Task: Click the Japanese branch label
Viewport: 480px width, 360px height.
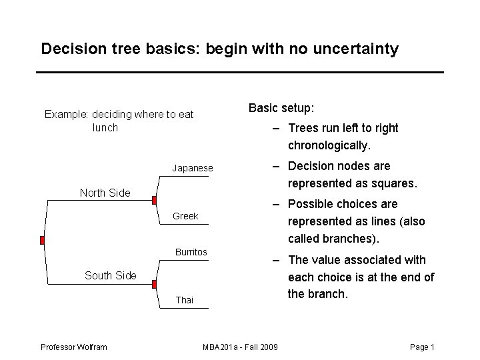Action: (193, 168)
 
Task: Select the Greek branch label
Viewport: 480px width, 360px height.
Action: (185, 216)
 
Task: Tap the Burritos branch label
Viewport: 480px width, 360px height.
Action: (191, 252)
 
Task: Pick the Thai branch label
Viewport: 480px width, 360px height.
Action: (184, 300)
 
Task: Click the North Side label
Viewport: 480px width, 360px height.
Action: (105, 193)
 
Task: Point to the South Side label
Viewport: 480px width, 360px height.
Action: (110, 275)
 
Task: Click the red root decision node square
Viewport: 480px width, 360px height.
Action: (41, 240)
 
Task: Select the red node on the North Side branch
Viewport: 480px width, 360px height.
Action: (154, 200)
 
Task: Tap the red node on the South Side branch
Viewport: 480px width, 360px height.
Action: (154, 283)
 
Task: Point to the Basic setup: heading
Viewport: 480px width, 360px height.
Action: (281, 108)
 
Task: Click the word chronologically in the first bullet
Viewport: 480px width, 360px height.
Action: (328, 145)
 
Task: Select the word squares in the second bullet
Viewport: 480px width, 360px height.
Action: (395, 183)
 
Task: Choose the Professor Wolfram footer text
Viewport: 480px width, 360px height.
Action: (73, 347)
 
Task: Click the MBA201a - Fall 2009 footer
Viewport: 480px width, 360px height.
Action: (240, 347)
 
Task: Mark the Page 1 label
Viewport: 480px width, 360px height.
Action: (422, 347)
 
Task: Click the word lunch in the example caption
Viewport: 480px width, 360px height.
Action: (105, 127)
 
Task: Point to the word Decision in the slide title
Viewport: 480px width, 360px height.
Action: (69, 49)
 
